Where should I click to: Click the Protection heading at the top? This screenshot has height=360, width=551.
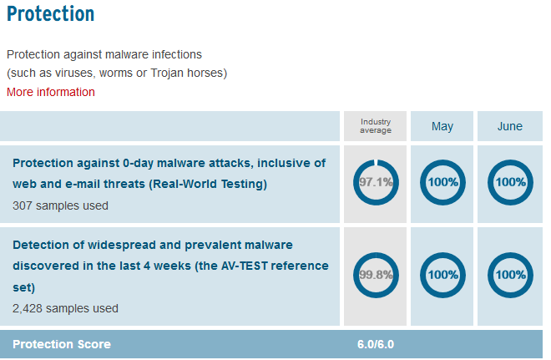[x=51, y=14]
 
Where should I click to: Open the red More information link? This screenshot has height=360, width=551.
[x=51, y=92]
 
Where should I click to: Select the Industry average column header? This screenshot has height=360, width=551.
[x=376, y=126]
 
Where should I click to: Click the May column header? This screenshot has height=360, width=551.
[x=442, y=126]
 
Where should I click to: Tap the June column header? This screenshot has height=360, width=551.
[x=509, y=126]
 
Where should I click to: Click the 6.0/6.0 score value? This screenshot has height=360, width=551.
[x=376, y=344]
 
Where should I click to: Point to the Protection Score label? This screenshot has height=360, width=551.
[x=62, y=344]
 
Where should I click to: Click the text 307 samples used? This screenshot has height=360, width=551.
[x=60, y=205]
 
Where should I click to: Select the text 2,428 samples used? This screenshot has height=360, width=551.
[x=65, y=309]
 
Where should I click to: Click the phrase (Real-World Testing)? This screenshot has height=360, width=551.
[x=208, y=184]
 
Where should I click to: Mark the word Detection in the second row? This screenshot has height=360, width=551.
[x=41, y=245]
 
